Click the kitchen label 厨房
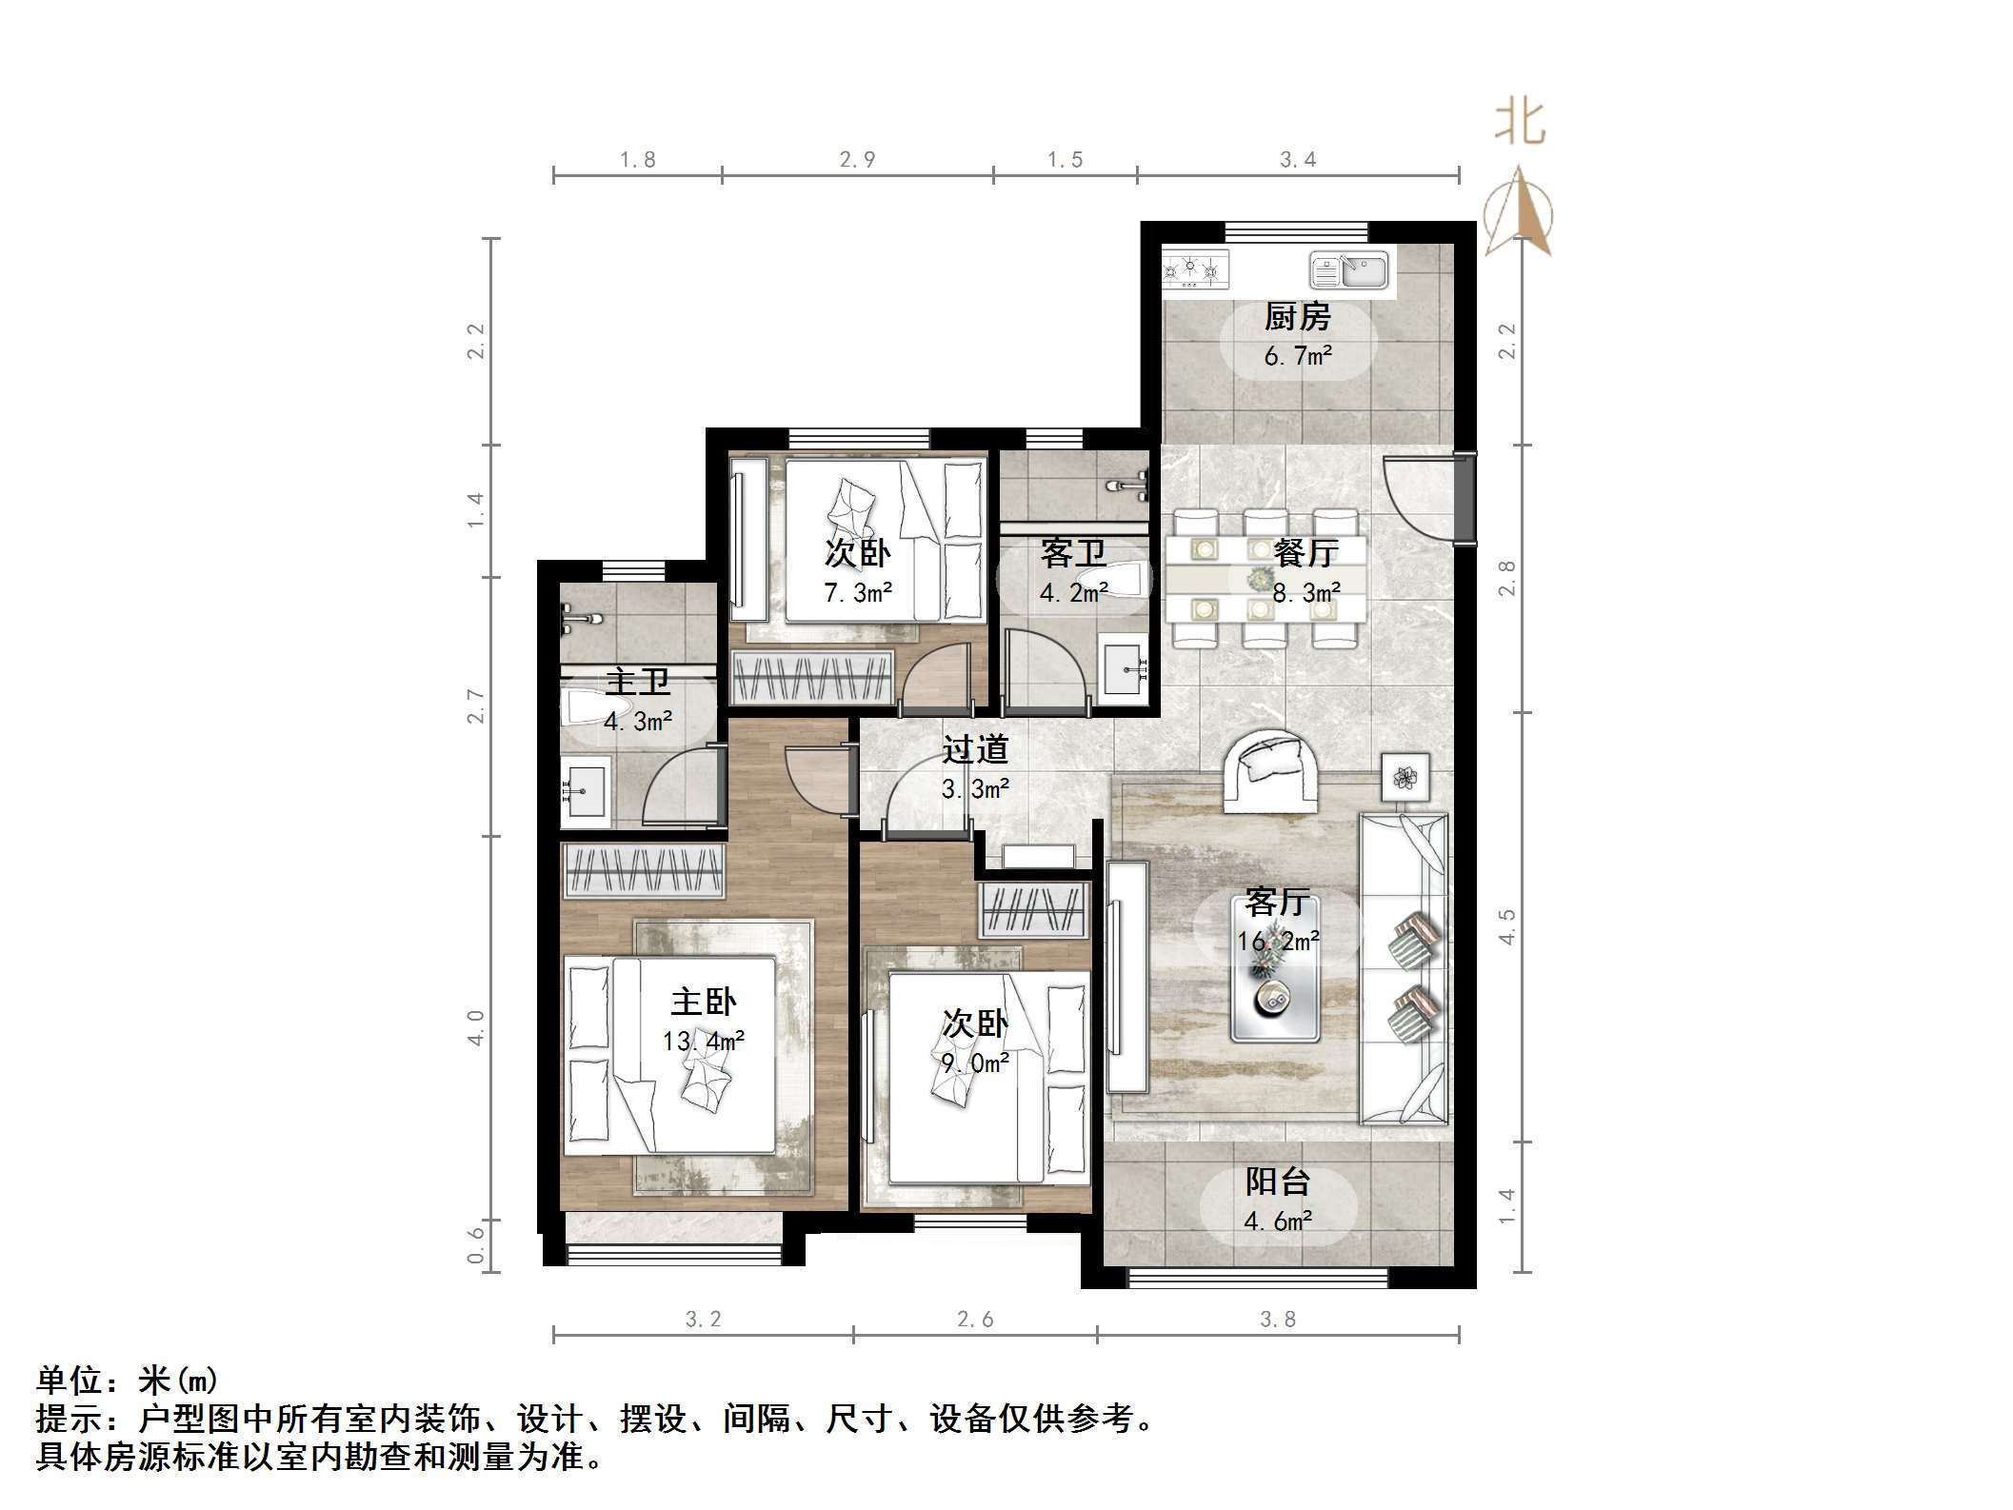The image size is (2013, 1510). coord(1297,317)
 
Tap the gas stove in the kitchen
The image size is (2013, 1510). coord(1195,270)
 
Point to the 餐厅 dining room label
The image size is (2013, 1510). coord(1306,552)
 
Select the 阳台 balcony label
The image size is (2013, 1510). coord(1278,1182)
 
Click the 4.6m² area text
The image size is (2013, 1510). coord(1278,1222)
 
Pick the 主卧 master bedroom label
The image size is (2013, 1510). coord(703,1002)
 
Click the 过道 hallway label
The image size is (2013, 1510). coord(974,750)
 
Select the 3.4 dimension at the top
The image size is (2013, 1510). coord(1297,160)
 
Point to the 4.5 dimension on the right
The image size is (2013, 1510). coord(1506,925)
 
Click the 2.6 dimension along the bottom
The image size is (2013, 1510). coord(974,1319)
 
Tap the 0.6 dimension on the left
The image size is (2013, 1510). coord(475,1244)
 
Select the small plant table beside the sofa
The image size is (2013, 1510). coord(1405,778)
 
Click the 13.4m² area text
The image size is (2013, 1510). coord(703,1041)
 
